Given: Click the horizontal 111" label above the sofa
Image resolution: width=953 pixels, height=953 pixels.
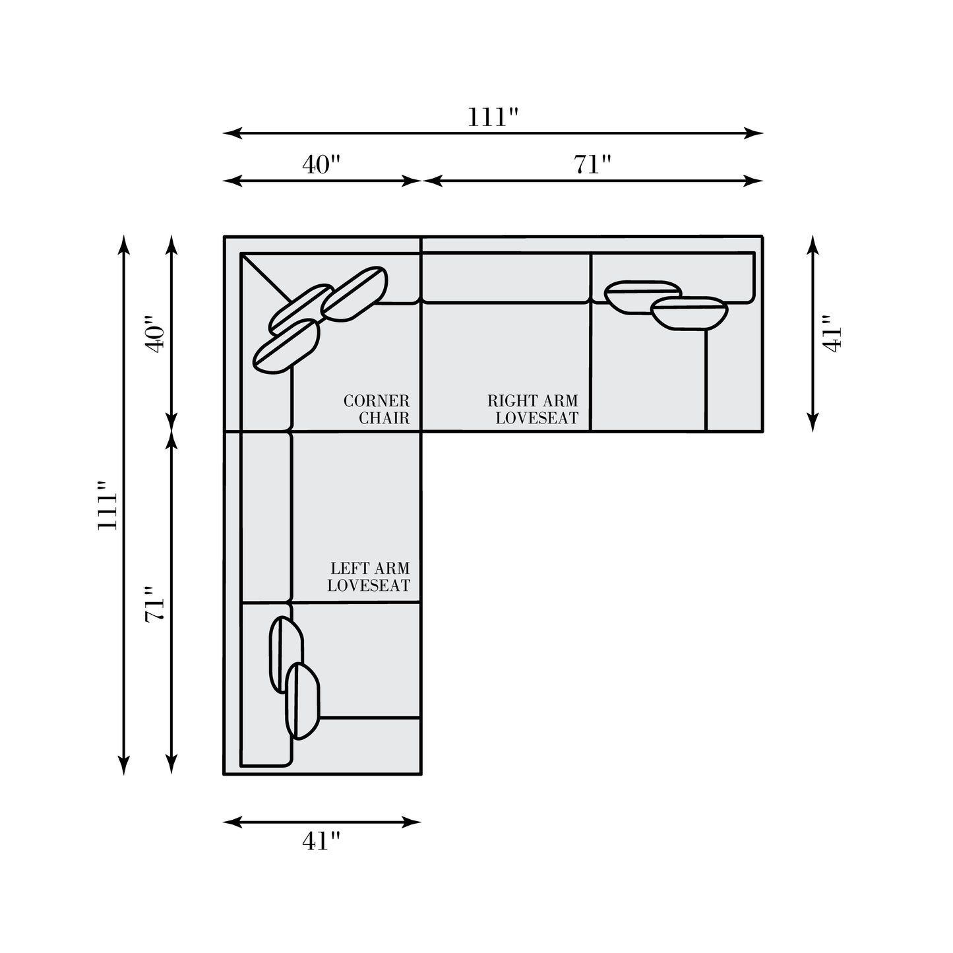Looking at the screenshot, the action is pyautogui.click(x=493, y=117).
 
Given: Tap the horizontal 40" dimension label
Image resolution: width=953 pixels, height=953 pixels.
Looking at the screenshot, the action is pyautogui.click(x=321, y=164).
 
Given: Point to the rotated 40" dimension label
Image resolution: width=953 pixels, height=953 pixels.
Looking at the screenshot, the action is pyautogui.click(x=154, y=334).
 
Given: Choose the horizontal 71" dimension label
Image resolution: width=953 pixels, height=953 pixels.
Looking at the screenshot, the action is pyautogui.click(x=592, y=164).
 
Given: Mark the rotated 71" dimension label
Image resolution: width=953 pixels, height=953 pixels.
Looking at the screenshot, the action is pyautogui.click(x=154, y=604).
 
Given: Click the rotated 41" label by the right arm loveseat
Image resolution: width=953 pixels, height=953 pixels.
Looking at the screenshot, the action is pyautogui.click(x=831, y=334).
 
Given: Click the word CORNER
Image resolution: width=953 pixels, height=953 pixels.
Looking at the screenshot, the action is pyautogui.click(x=377, y=400).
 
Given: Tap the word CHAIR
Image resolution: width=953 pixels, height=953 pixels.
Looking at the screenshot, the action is pyautogui.click(x=384, y=418).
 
